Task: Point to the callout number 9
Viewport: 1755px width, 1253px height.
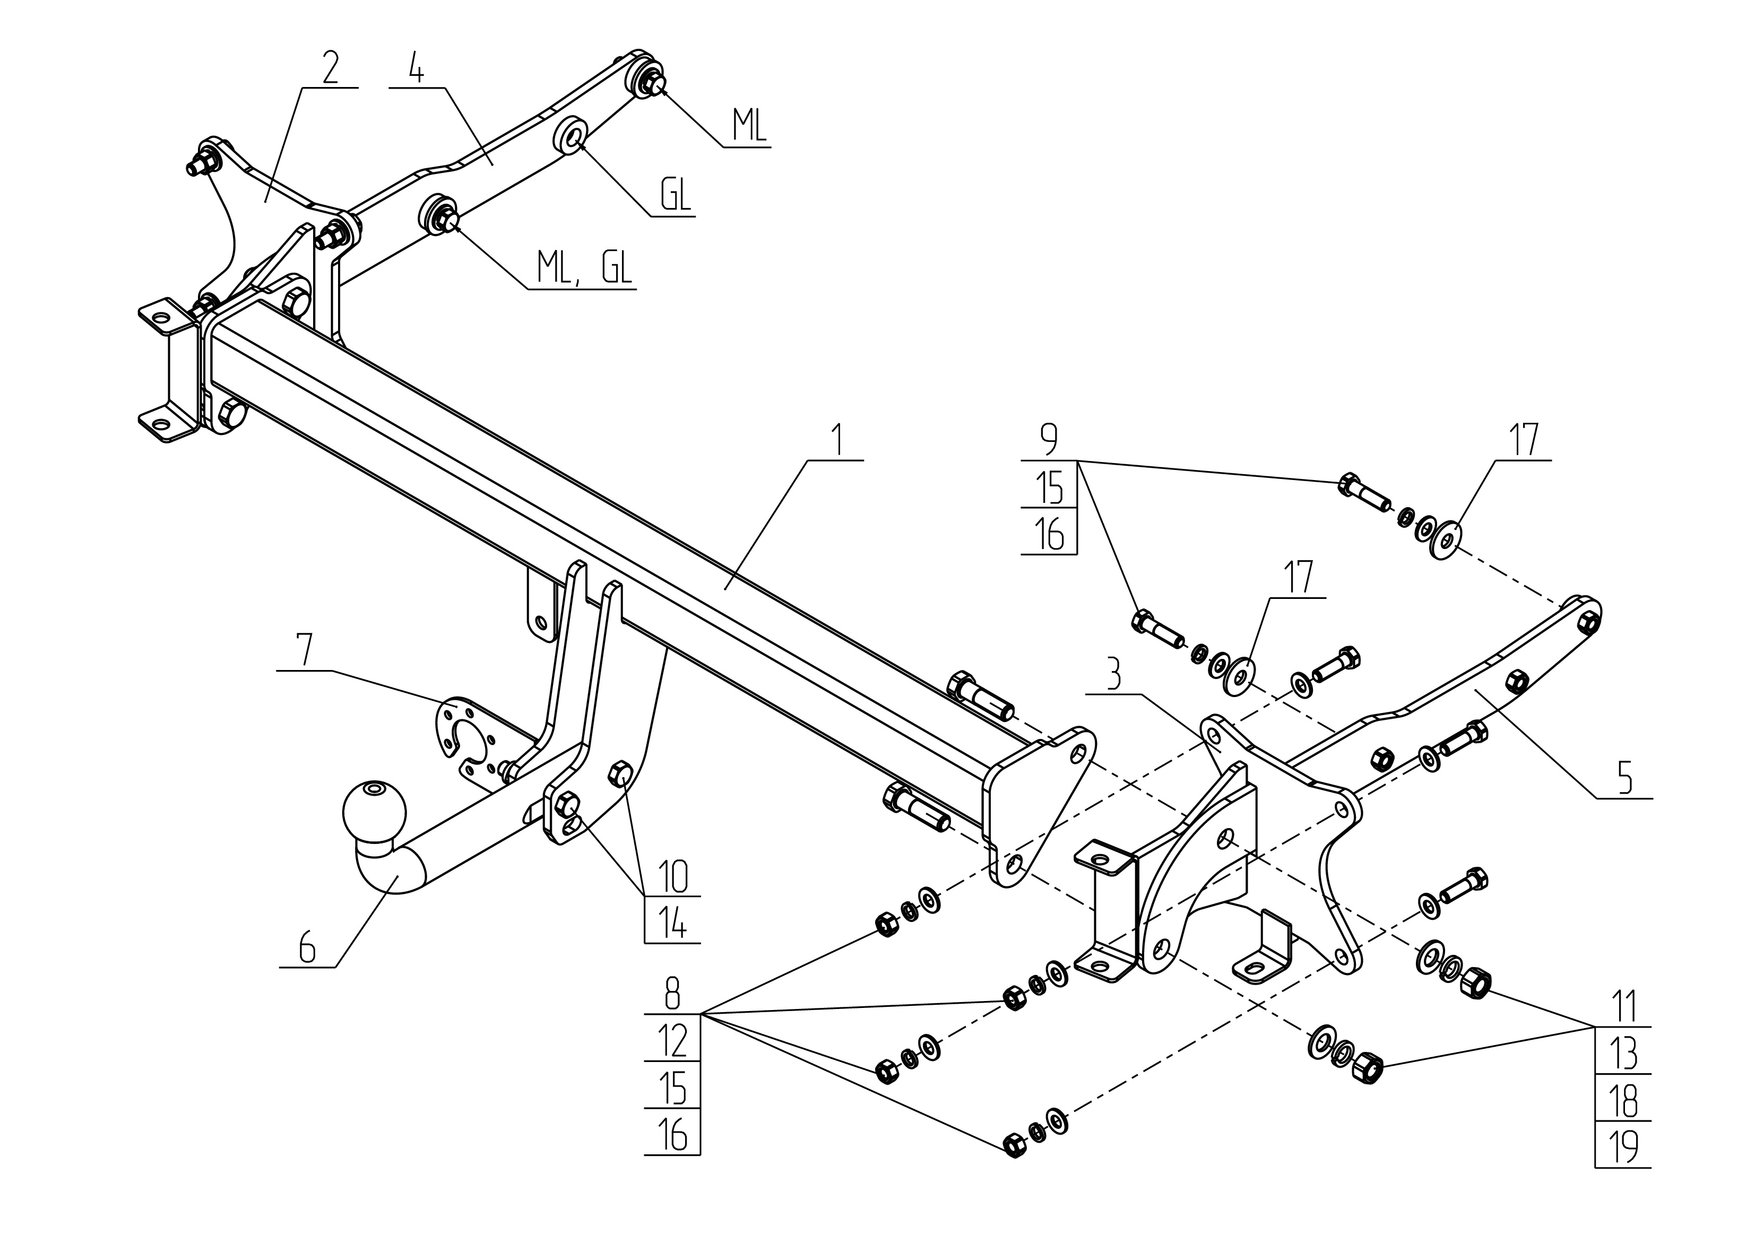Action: pyautogui.click(x=1049, y=440)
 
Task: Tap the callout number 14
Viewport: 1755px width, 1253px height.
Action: pyautogui.click(x=672, y=922)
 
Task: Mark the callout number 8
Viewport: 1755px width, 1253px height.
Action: pyautogui.click(x=672, y=995)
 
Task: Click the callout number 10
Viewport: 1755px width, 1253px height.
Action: pyautogui.click(x=672, y=876)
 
